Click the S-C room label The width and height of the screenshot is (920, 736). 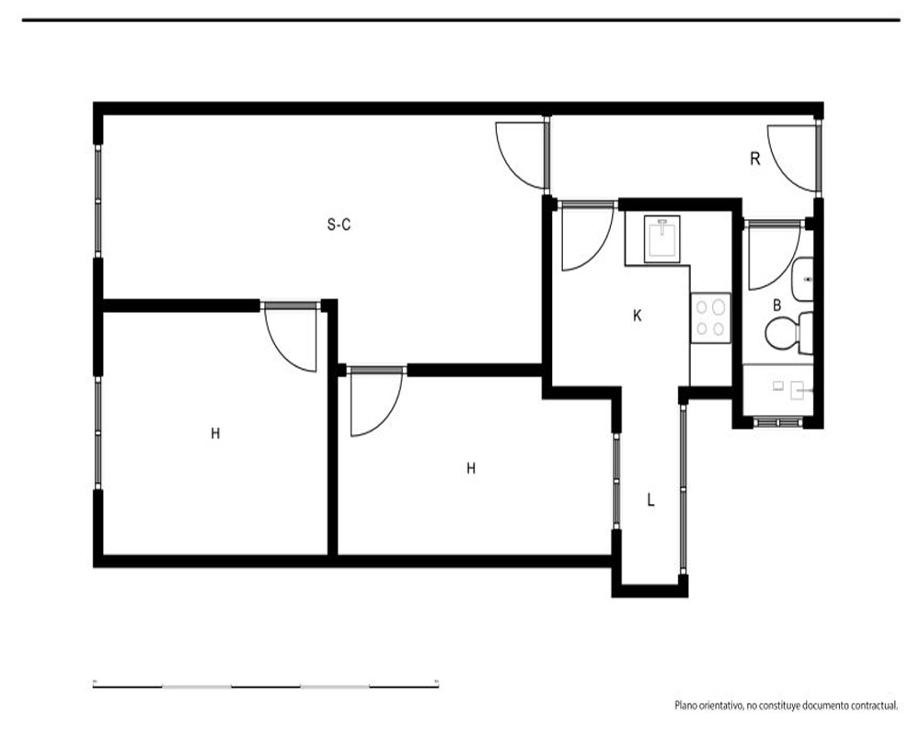(339, 224)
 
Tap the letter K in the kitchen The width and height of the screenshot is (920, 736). (638, 316)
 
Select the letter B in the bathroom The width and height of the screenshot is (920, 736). (776, 305)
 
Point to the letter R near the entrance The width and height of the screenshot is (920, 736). (755, 158)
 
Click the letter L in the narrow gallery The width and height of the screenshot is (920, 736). (650, 500)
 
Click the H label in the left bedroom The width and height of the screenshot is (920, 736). (215, 433)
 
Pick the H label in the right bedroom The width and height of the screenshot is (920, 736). (470, 468)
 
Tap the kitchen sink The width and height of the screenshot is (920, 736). (661, 239)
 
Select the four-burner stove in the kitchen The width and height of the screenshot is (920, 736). (710, 317)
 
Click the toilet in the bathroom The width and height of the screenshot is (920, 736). (789, 333)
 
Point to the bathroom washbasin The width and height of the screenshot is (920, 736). (802, 279)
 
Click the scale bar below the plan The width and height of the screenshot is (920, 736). (266, 684)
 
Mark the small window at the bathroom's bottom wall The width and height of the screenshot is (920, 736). (777, 422)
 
